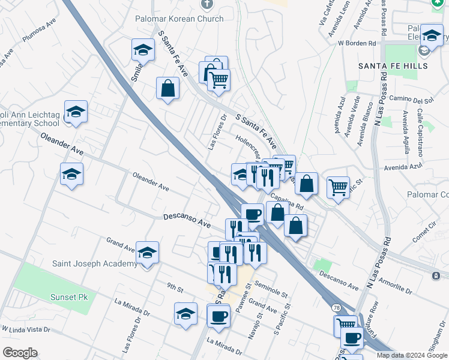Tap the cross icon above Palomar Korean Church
207,5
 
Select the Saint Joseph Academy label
95,263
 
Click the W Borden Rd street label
361,43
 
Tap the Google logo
19,353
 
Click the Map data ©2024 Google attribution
411,355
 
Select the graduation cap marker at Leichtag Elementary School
76,112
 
